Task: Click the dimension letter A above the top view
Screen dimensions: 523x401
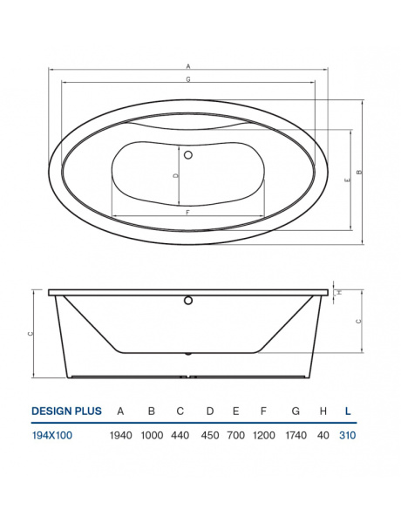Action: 188,65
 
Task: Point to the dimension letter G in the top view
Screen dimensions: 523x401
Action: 188,79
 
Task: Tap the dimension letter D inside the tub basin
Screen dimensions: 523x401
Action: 176,175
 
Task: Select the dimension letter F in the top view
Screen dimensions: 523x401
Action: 188,212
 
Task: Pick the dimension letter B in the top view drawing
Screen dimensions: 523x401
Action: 359,172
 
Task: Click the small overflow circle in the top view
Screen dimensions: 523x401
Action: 188,155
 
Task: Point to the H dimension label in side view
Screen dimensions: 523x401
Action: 340,292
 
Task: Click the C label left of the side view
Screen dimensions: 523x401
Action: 30,334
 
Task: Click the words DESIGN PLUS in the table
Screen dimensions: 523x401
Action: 66,411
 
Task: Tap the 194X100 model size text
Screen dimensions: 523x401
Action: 52,435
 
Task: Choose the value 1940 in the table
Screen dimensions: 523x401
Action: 121,435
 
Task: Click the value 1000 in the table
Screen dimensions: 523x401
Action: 151,435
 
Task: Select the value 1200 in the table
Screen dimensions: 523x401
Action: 262,435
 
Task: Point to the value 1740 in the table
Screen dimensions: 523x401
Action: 296,435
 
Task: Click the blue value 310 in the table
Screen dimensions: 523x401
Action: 348,435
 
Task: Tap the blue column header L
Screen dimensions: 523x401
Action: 348,411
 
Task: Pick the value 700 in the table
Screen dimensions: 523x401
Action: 235,435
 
